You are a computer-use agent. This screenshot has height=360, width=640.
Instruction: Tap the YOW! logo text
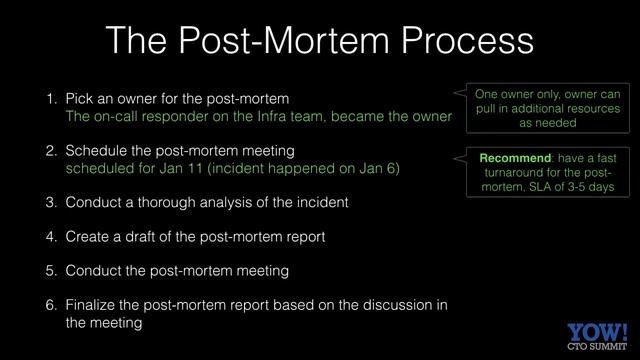tap(597, 332)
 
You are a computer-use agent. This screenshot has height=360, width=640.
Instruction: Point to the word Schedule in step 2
tap(96, 151)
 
